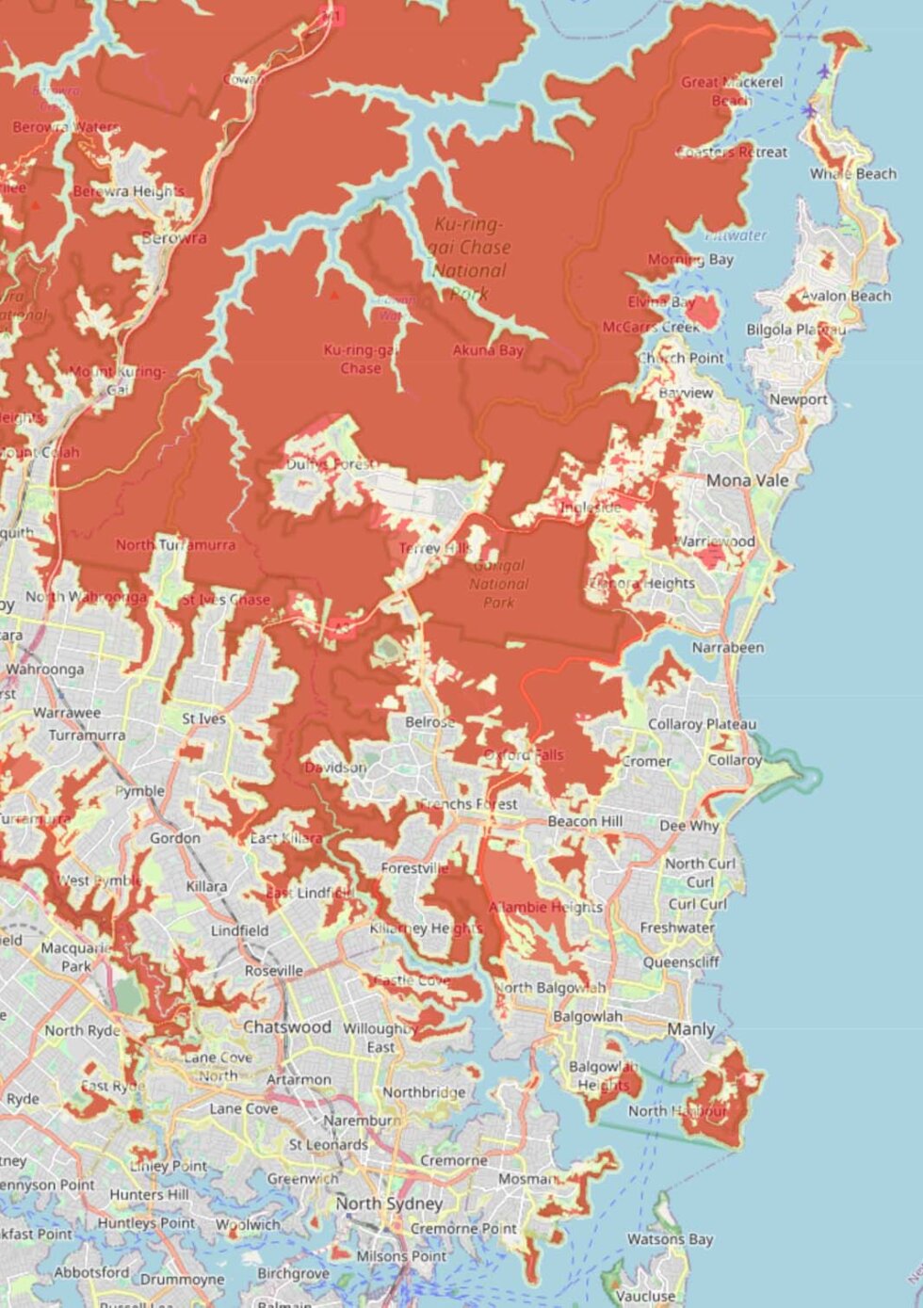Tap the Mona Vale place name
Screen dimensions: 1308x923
point(747,480)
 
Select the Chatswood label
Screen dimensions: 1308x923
point(287,1026)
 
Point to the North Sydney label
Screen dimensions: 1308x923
point(389,1203)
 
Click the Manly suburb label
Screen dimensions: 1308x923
point(690,1029)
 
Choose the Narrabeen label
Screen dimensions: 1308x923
point(727,648)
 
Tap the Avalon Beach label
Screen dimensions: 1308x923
point(845,296)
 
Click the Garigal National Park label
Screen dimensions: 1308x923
point(498,584)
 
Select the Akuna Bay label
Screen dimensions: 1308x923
point(487,350)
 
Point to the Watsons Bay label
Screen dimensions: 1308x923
point(670,1239)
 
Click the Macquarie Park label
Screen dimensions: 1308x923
point(76,957)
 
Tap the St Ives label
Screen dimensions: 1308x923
point(203,719)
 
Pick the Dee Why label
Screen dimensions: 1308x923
point(688,825)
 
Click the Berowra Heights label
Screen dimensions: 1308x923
point(129,191)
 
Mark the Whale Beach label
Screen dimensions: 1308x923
point(852,174)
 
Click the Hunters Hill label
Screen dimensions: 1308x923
point(149,1194)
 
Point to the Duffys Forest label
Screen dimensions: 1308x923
point(331,464)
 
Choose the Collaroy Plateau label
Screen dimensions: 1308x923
point(702,724)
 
